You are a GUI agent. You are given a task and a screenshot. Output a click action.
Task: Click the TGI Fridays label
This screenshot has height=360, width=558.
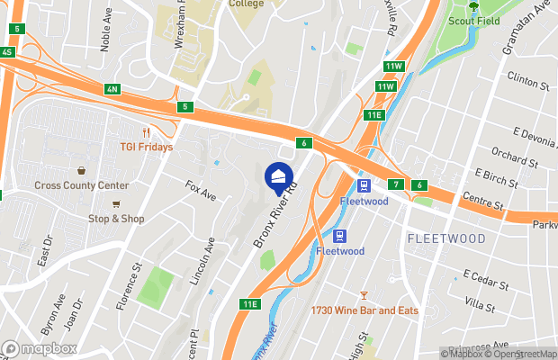click(146, 147)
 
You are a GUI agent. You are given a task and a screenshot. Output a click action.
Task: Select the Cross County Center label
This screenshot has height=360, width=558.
click(82, 185)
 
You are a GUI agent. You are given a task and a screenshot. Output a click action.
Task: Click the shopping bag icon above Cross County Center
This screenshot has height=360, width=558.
click(82, 170)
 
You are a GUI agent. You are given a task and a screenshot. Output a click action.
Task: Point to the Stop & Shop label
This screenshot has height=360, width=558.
click(115, 219)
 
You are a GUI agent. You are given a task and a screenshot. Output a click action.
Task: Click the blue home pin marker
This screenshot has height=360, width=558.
click(280, 177)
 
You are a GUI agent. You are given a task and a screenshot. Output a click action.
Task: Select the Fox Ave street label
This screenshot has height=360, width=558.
click(201, 192)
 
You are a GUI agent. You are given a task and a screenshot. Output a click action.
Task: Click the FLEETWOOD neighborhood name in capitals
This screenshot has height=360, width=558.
click(446, 238)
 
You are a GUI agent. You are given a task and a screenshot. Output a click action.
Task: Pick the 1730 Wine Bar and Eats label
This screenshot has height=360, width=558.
click(365, 310)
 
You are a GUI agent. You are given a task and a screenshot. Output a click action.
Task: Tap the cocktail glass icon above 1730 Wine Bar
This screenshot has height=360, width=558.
click(364, 295)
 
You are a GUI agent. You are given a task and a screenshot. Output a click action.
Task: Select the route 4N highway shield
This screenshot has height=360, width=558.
click(112, 89)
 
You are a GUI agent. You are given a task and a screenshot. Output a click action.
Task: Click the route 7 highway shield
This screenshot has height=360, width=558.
click(395, 184)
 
